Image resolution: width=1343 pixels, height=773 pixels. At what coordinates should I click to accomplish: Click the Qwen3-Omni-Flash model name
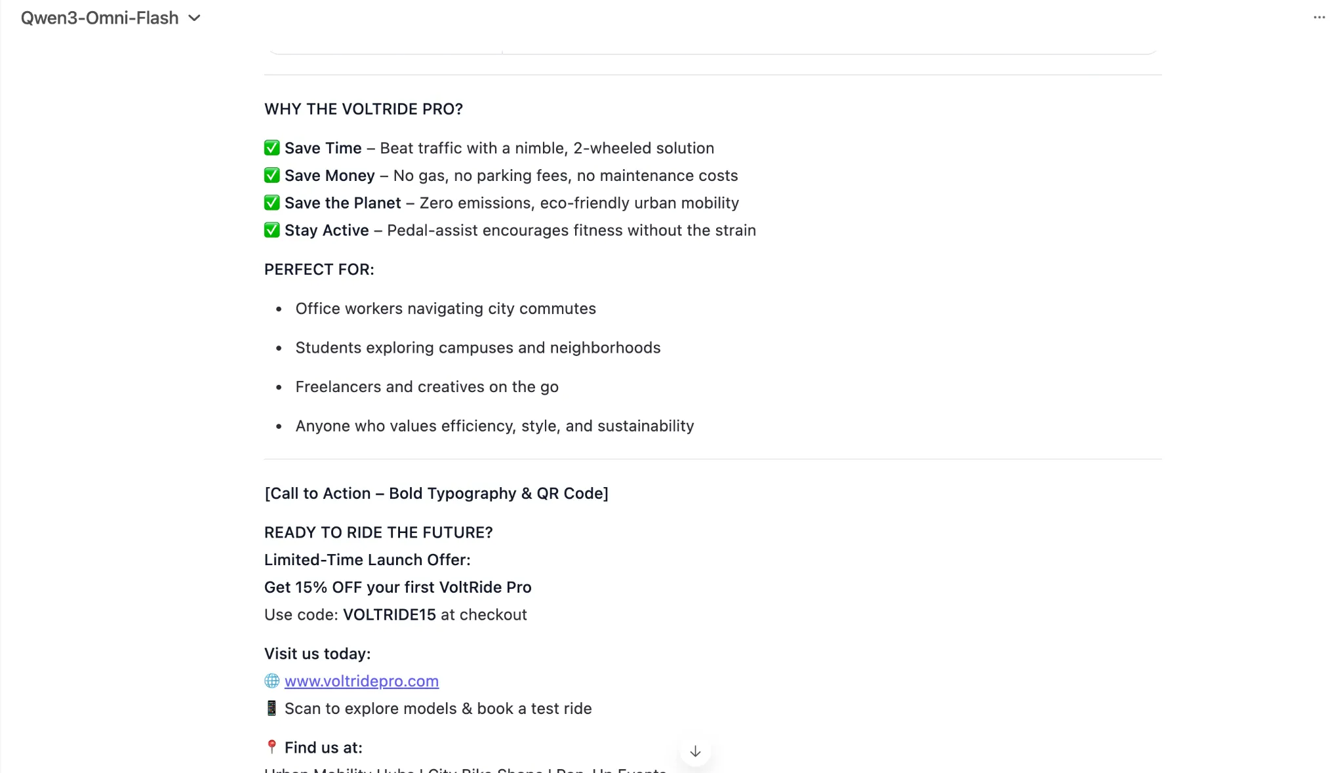coord(100,18)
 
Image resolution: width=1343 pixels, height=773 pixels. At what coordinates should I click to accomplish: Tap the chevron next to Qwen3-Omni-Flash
coord(194,18)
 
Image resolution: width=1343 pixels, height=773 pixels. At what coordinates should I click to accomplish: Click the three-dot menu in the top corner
coord(1319,18)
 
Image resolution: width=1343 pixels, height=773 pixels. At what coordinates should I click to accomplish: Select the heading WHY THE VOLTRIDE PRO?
coord(363,109)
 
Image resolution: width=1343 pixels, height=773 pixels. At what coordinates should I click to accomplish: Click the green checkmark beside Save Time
coord(271,148)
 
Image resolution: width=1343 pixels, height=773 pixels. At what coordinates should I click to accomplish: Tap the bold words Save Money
coord(329,176)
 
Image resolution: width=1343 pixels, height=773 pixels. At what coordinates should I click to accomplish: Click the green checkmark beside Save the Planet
coord(271,203)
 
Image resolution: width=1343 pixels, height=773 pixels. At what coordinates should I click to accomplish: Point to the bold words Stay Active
coord(327,231)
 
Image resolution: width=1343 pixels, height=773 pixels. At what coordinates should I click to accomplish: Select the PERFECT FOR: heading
coord(319,269)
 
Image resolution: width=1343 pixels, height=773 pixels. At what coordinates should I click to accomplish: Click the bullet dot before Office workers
coord(279,309)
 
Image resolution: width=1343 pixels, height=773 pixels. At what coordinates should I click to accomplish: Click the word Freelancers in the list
coord(338,387)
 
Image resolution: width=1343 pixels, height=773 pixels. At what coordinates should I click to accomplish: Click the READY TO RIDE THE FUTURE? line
coord(378,532)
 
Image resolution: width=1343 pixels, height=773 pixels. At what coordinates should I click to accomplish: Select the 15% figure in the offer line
coord(311,587)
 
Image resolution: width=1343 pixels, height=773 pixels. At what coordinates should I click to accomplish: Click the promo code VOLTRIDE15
coord(390,615)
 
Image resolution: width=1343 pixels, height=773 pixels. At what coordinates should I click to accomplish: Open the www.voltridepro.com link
coord(361,681)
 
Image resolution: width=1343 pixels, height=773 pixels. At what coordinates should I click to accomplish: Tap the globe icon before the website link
coord(271,681)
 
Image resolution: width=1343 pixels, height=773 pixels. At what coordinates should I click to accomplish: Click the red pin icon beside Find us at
coord(271,747)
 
